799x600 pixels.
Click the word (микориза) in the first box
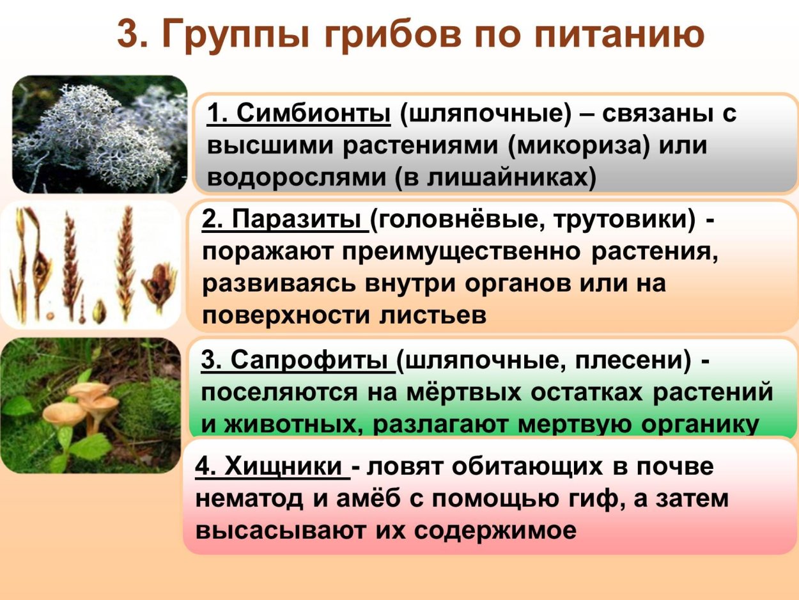[x=579, y=146]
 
